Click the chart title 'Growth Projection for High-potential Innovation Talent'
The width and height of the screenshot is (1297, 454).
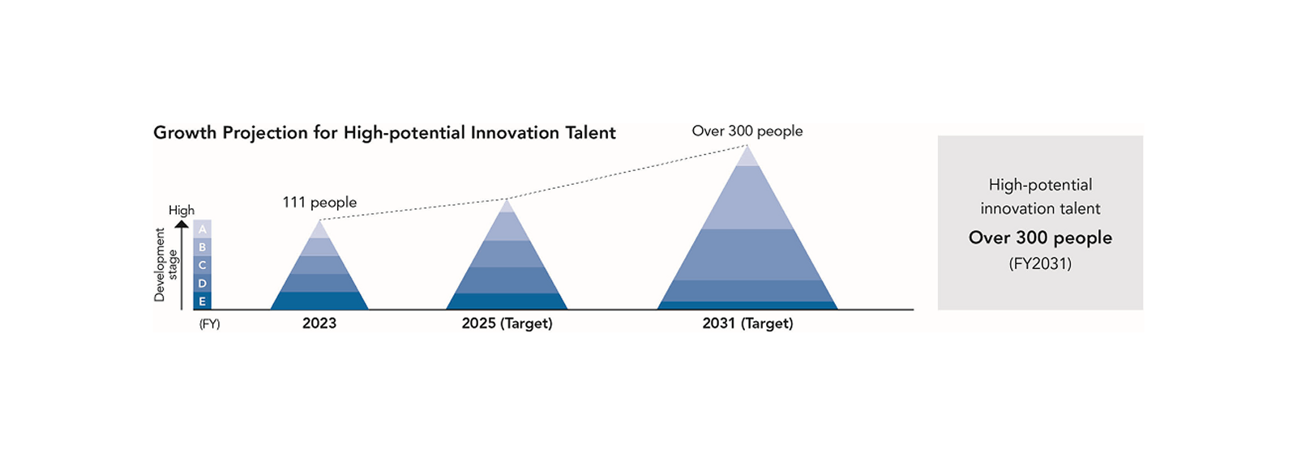[x=384, y=133]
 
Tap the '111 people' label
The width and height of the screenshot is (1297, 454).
[x=319, y=202]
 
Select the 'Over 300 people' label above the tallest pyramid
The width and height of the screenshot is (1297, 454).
[x=747, y=131]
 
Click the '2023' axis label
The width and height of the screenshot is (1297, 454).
[x=319, y=323]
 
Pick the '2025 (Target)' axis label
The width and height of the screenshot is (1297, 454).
[x=507, y=323]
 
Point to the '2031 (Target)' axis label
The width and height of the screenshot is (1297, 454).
[x=747, y=323]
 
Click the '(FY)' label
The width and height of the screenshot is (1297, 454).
[x=209, y=324]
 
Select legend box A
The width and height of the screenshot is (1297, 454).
[x=202, y=229]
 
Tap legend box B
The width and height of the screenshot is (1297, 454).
[x=202, y=247]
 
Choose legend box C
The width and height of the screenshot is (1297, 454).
[x=202, y=265]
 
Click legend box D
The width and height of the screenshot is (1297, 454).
[x=202, y=283]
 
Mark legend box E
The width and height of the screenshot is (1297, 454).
[x=202, y=301]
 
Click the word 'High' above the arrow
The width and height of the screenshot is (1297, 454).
[x=182, y=210]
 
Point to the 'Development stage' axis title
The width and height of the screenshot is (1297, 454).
[x=165, y=264]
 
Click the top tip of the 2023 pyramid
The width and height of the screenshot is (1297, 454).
[x=319, y=229]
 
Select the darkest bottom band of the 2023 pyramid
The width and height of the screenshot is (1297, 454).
[x=319, y=301]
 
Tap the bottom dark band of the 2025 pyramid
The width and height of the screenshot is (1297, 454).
[x=507, y=302]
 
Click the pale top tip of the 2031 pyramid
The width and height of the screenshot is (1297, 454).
[x=747, y=156]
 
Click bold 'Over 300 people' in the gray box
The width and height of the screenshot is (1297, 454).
[x=1040, y=238]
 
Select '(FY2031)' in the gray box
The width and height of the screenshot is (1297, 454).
[x=1040, y=263]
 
